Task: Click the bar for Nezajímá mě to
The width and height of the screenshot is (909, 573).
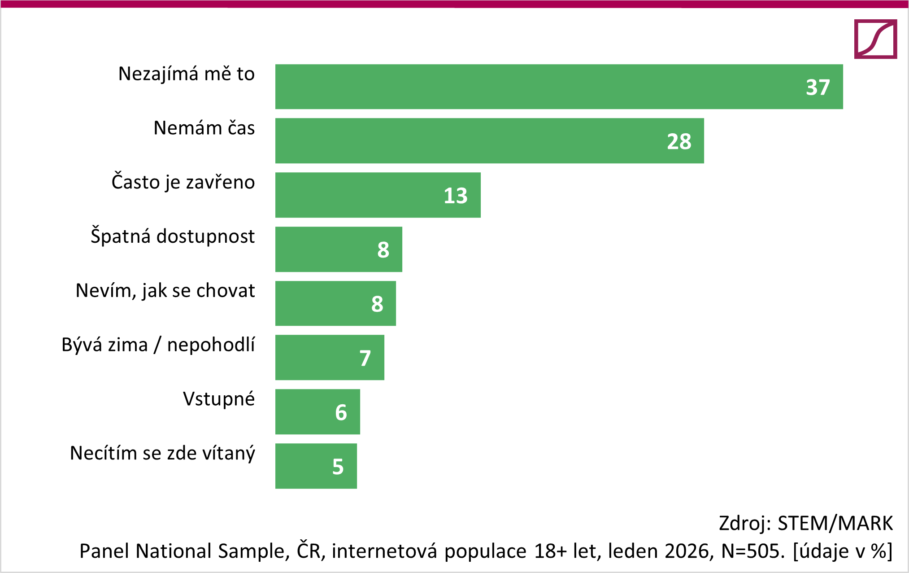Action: [559, 87]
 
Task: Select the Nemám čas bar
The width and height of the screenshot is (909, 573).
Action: [489, 141]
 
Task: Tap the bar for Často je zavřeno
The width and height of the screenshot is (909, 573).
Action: [378, 195]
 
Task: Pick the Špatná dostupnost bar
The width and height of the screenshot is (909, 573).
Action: [339, 249]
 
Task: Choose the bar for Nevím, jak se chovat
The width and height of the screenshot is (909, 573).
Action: [335, 303]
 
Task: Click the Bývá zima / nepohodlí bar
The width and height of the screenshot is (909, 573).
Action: [330, 358]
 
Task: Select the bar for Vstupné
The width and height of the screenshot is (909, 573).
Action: [317, 412]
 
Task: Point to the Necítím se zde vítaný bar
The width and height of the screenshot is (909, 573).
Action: [316, 466]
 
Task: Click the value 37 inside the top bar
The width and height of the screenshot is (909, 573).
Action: [818, 87]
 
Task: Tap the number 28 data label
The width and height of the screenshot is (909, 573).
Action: [679, 142]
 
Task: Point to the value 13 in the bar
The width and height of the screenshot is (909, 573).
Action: [455, 196]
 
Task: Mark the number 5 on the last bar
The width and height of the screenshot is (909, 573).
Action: [338, 467]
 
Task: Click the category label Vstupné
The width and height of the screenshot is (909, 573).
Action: [219, 399]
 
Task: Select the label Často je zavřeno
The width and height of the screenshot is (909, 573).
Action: [183, 182]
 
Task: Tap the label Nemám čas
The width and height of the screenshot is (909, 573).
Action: [204, 128]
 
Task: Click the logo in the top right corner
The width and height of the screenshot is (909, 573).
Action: [875, 39]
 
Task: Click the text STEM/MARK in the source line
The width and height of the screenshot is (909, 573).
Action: [835, 523]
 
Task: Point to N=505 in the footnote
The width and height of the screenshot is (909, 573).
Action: [753, 551]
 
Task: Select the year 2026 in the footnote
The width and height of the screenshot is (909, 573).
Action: [689, 551]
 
